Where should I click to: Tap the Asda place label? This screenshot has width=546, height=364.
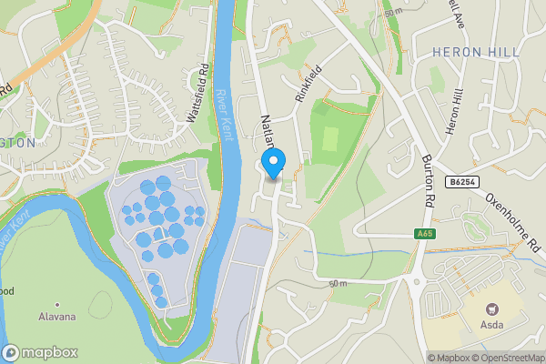(495, 326)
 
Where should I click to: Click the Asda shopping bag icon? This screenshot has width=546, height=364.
(495, 309)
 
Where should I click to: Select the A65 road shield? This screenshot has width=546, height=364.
(423, 235)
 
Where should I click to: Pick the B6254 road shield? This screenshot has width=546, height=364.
(461, 183)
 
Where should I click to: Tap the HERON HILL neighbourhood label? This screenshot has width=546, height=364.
(470, 51)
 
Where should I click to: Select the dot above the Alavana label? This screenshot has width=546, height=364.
(56, 304)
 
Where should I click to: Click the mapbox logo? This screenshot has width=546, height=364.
(40, 352)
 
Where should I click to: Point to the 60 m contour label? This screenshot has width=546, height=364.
(339, 284)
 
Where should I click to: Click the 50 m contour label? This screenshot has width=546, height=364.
(393, 12)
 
